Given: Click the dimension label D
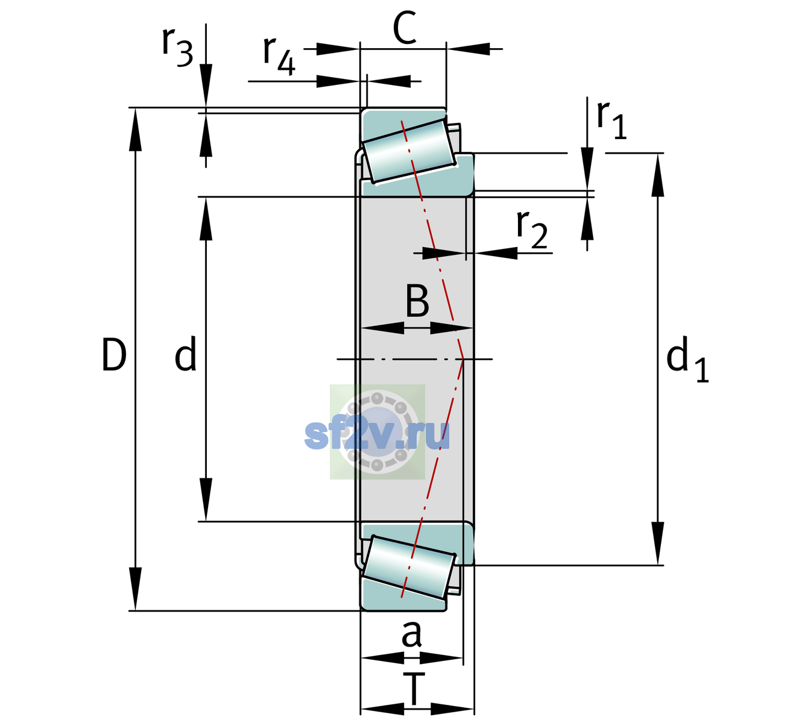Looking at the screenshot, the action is click(x=115, y=354).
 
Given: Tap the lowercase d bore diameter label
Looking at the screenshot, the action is click(x=186, y=354).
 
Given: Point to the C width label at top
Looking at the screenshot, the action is click(x=405, y=27).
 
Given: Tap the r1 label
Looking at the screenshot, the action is click(x=611, y=120).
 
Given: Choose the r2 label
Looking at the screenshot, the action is click(x=532, y=229).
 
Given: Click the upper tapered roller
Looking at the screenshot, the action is click(x=409, y=151).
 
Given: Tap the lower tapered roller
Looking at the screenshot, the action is click(x=409, y=568).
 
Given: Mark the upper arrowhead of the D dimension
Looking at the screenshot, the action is click(x=135, y=130).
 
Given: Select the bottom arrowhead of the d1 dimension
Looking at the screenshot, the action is click(x=658, y=543).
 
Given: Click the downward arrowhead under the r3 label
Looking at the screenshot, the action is click(x=206, y=86).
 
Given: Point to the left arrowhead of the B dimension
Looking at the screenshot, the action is click(x=382, y=328).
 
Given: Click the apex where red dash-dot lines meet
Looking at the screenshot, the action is click(x=463, y=359).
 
